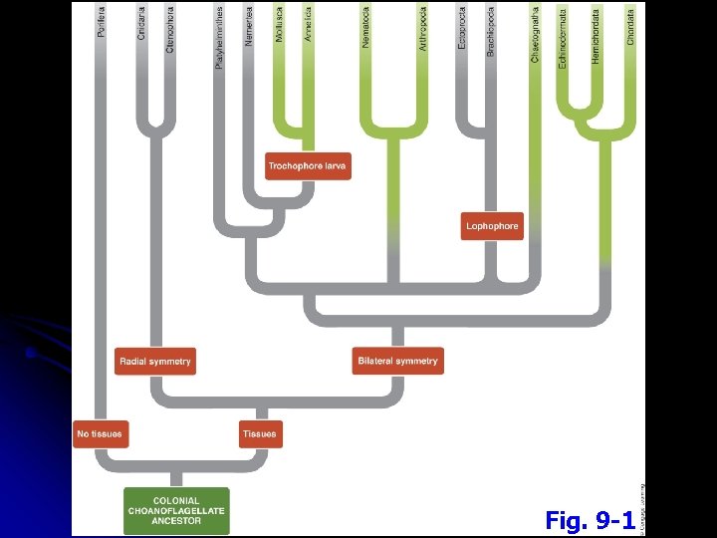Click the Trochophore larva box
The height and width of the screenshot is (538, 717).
tap(308, 166)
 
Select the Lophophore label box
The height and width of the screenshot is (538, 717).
tap(492, 226)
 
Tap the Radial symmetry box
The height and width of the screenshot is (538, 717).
tap(154, 361)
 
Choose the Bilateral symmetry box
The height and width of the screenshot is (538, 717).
tap(396, 361)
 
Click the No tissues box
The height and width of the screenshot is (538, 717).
tap(101, 434)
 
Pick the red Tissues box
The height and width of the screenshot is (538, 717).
tap(260, 434)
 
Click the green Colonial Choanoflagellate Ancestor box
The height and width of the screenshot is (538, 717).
tap(176, 510)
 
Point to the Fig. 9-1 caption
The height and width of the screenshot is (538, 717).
tap(590, 520)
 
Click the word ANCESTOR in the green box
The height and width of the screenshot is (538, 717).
tap(176, 521)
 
